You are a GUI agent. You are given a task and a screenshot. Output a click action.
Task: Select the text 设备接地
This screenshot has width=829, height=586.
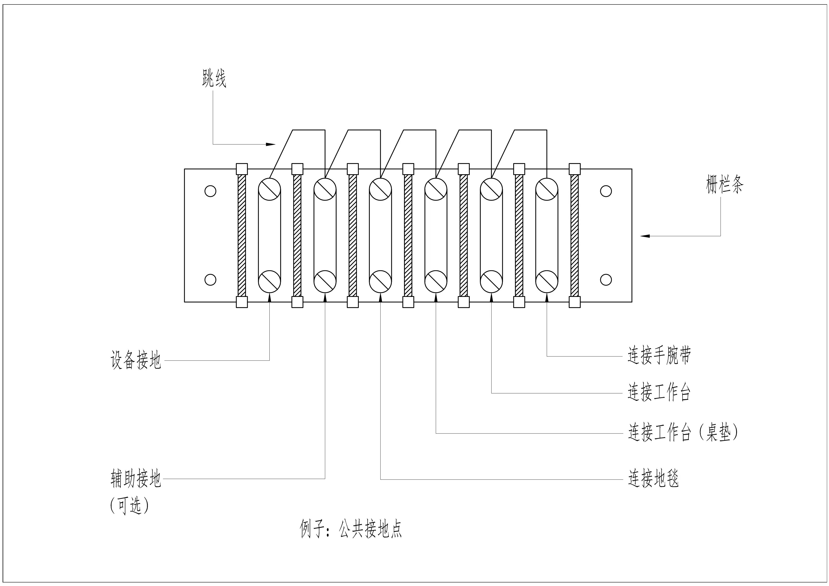click(135, 360)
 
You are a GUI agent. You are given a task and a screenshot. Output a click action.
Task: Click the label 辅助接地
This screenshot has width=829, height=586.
click(135, 479)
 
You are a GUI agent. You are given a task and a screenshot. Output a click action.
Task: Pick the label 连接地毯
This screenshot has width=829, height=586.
click(653, 479)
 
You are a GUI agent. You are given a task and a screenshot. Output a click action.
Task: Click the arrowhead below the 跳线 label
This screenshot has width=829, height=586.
click(271, 144)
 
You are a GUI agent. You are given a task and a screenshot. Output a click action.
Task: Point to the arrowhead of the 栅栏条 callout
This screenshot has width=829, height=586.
click(645, 236)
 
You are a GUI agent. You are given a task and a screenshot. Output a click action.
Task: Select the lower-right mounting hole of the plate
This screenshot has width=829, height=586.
click(606, 280)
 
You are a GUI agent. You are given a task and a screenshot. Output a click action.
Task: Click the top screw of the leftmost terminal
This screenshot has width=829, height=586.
click(270, 188)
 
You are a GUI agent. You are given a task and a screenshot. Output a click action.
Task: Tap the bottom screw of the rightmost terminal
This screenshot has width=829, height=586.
click(547, 281)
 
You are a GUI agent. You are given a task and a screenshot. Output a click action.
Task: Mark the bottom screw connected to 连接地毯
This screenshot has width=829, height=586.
click(380, 281)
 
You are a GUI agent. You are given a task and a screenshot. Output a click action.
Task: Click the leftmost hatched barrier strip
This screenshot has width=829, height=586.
click(242, 235)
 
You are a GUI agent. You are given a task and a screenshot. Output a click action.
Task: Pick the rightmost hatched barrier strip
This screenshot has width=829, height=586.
click(574, 235)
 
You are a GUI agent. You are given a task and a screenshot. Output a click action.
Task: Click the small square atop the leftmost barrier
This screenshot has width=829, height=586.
click(242, 169)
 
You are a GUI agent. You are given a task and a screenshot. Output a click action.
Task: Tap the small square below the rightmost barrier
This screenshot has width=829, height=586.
click(574, 302)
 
